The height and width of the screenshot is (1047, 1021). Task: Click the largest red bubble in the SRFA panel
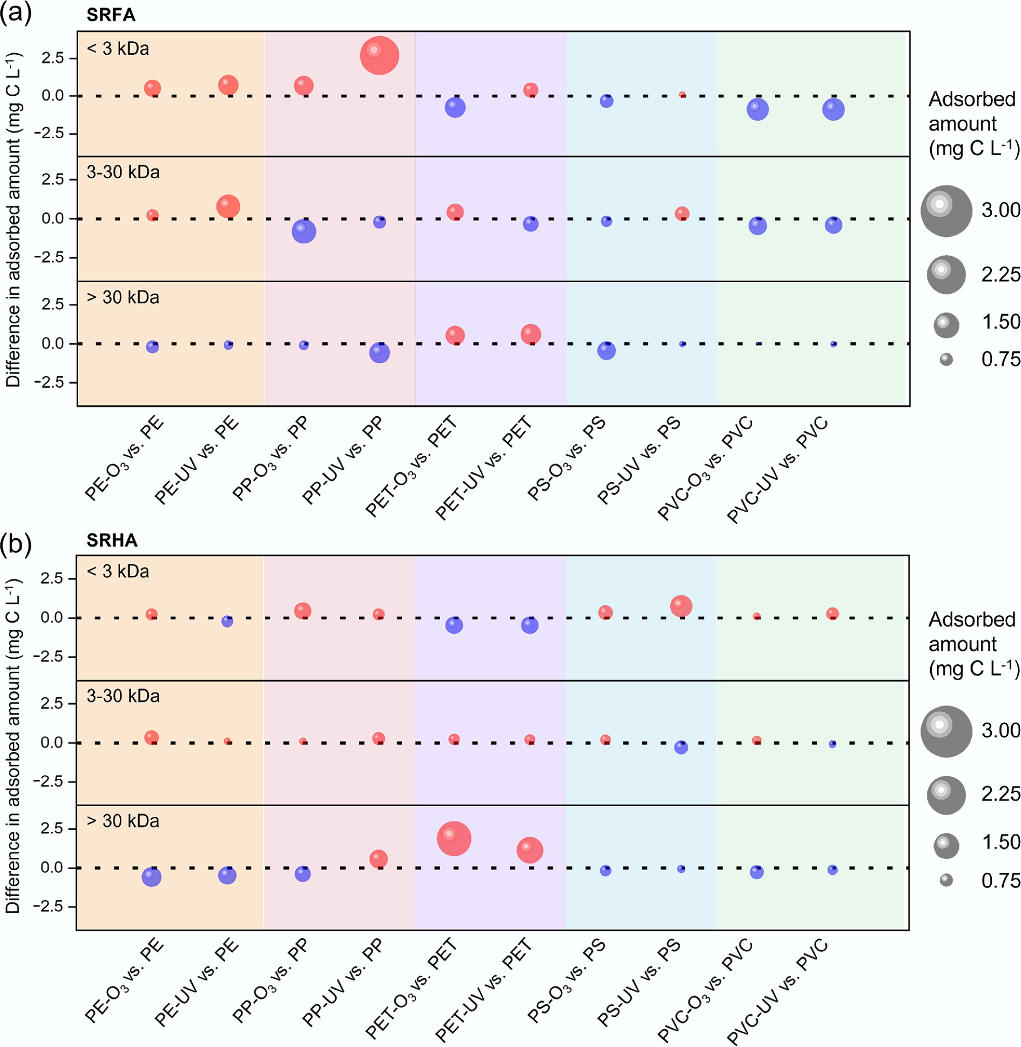pos(379,55)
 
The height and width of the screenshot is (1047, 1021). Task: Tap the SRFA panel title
pos(111,15)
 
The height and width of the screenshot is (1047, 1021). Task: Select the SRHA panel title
pos(112,540)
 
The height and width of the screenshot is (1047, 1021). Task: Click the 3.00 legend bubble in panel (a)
pos(946,211)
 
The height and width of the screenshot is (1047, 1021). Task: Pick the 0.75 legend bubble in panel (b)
pos(946,880)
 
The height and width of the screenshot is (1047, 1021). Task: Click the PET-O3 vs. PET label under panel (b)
pos(412,988)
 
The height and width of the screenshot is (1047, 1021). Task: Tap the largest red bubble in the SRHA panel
pos(454,838)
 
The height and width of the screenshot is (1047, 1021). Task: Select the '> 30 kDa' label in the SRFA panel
pos(123,297)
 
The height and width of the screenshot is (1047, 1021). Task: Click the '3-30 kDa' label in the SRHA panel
pos(123,696)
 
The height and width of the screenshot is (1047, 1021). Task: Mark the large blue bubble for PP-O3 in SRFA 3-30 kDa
pos(304,231)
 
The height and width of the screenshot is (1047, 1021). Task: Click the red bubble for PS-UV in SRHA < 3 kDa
pos(681,606)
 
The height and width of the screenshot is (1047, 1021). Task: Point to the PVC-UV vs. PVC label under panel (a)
pos(778,470)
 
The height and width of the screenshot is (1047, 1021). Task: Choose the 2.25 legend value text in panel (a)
pos(1000,275)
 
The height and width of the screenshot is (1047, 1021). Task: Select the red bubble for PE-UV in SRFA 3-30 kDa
pos(228,206)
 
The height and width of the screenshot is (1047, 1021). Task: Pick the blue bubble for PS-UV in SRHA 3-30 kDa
pos(681,747)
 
